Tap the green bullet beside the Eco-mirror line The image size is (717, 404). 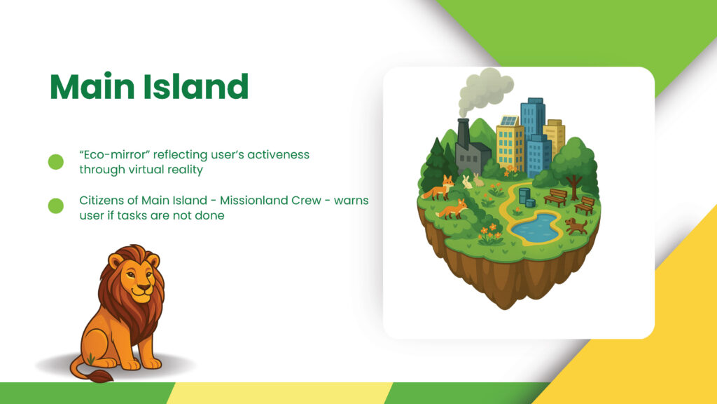[x=56, y=162]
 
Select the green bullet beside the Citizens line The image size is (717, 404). [x=56, y=206]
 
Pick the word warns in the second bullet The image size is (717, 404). [x=351, y=201]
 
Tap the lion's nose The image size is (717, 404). [x=144, y=288]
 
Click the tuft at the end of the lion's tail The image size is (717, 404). [x=102, y=377]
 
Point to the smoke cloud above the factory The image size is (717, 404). [x=485, y=90]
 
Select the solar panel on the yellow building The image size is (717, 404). [x=508, y=121]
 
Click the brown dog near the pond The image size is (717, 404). [x=576, y=226]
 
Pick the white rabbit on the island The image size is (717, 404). [x=467, y=182]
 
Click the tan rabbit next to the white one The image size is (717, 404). [x=478, y=180]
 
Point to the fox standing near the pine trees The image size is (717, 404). [x=438, y=188]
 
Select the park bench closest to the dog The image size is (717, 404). [x=585, y=206]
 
